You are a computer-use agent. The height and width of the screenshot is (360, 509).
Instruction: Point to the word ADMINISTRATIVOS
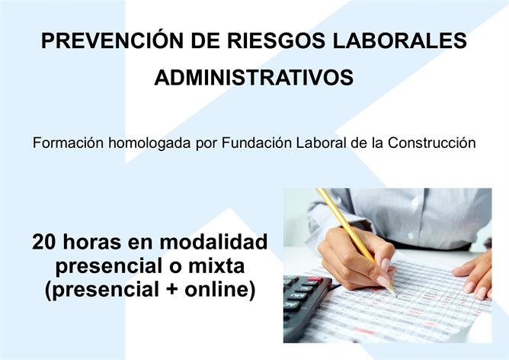tap(254, 77)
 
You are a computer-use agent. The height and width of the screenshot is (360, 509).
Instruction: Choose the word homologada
tap(149, 143)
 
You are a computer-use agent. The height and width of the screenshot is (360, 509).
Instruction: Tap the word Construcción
tap(432, 143)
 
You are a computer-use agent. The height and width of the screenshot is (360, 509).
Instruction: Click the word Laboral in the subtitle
tap(321, 143)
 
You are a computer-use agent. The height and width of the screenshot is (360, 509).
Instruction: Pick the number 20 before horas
tap(44, 242)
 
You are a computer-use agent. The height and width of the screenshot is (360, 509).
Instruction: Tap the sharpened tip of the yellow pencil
tap(395, 295)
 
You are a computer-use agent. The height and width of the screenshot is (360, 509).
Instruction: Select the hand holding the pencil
tap(358, 259)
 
